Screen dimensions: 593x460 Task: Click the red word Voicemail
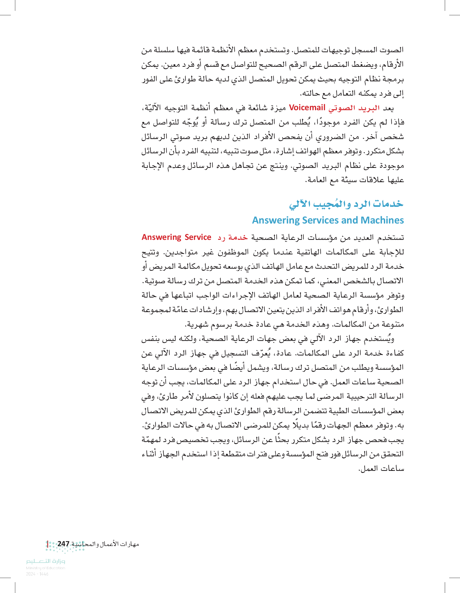point(307,108)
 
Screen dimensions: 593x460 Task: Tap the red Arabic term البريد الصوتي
point(354,108)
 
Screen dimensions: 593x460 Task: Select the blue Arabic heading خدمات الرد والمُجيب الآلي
point(346,204)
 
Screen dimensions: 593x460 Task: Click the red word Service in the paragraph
point(198,237)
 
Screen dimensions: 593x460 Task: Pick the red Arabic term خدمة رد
point(233,238)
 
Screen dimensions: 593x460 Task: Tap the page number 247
point(63,544)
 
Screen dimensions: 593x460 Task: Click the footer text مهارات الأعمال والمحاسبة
point(105,544)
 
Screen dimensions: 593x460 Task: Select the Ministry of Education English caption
point(45,568)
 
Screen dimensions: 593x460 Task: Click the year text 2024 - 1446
point(37,574)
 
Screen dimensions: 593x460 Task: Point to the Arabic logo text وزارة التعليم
point(45,561)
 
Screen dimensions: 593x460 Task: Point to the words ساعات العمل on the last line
point(381,469)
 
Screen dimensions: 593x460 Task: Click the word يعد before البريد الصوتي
point(388,108)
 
